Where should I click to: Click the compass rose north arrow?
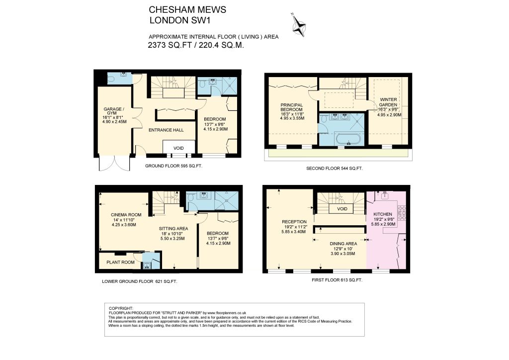pyautogui.click(x=298, y=25)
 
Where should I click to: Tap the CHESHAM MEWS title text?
pyautogui.click(x=187, y=10)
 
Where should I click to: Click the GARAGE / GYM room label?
pyautogui.click(x=113, y=111)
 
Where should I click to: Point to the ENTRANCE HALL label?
pyautogui.click(x=166, y=130)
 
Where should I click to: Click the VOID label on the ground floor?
pyautogui.click(x=178, y=148)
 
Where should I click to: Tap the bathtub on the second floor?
pyautogui.click(x=348, y=139)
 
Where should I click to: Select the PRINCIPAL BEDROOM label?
pyautogui.click(x=291, y=107)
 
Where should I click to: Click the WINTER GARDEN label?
pyautogui.click(x=388, y=102)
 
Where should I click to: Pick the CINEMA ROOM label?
pyautogui.click(x=126, y=215)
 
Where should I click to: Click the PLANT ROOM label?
pyautogui.click(x=120, y=262)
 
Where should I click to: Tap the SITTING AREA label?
pyautogui.click(x=173, y=229)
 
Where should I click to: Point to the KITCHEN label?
pyautogui.click(x=383, y=214)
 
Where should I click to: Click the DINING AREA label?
pyautogui.click(x=343, y=244)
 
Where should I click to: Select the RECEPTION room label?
pyautogui.click(x=294, y=222)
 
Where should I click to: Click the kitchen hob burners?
pyautogui.click(x=402, y=213)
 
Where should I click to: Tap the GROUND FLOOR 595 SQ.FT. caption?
pyautogui.click(x=173, y=166)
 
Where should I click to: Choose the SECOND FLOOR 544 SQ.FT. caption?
pyautogui.click(x=335, y=169)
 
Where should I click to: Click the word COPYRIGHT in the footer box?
pyautogui.click(x=121, y=308)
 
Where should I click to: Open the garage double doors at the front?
pyautogui.click(x=115, y=163)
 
